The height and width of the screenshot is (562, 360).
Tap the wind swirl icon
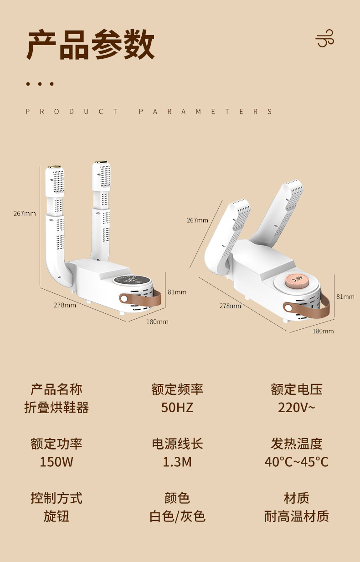point(325,38)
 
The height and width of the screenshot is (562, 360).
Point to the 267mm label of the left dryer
point(24,214)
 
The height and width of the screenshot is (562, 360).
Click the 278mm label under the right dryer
point(230,306)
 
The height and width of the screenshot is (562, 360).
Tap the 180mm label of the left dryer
point(157,322)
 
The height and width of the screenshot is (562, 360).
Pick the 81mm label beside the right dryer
point(345,296)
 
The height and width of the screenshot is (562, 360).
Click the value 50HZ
point(177,407)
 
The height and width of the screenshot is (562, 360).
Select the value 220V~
point(297,407)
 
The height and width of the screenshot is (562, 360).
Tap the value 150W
point(57,462)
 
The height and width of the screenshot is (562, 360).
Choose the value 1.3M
point(177,462)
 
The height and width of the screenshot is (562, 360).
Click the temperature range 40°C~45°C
point(297,462)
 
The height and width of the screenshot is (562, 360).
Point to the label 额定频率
point(177,389)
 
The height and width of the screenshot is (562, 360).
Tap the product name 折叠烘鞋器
point(57,407)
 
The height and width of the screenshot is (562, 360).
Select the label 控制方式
point(57,498)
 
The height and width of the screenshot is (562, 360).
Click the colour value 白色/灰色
point(177,516)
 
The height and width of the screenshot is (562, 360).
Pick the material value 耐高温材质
point(297,516)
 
